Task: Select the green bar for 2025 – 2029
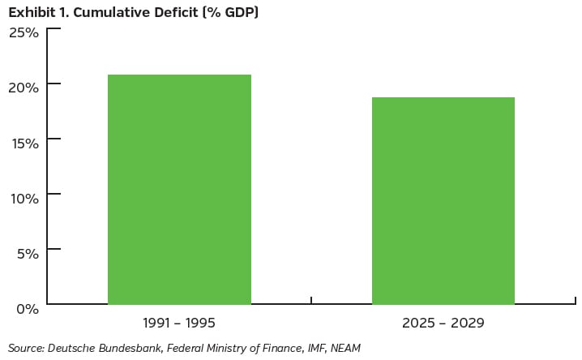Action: click(x=443, y=200)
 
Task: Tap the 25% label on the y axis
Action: click(x=24, y=32)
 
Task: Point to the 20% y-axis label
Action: click(x=24, y=88)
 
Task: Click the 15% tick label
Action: click(x=24, y=143)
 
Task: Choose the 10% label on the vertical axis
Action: click(x=24, y=198)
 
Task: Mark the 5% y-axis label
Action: click(x=28, y=253)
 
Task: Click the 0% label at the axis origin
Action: click(x=28, y=308)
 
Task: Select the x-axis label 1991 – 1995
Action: click(x=179, y=323)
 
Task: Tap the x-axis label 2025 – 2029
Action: click(x=443, y=323)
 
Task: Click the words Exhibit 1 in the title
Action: click(x=36, y=12)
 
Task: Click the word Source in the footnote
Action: click(x=25, y=348)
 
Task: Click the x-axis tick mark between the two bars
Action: click(x=311, y=300)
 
